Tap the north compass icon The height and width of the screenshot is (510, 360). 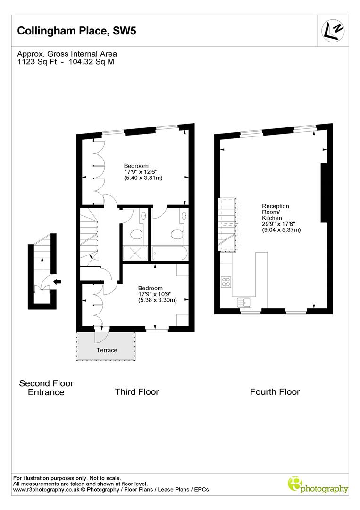click(x=333, y=31)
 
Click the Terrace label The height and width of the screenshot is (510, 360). click(x=107, y=350)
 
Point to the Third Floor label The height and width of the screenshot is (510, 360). click(x=137, y=391)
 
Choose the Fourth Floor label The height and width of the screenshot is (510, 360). click(x=275, y=391)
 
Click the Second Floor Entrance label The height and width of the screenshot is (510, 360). click(x=46, y=388)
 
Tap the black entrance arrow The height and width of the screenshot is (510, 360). click(x=58, y=282)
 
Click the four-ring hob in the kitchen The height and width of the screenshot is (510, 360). click(x=226, y=282)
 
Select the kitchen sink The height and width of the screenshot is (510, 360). click(x=244, y=301)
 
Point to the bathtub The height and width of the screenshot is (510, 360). click(x=170, y=254)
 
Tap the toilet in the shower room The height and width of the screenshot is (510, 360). click(x=136, y=234)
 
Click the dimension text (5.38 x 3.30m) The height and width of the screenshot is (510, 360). click(x=157, y=300)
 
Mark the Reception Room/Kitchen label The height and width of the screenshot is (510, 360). click(x=276, y=212)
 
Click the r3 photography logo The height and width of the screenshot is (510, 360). click(x=318, y=484)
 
